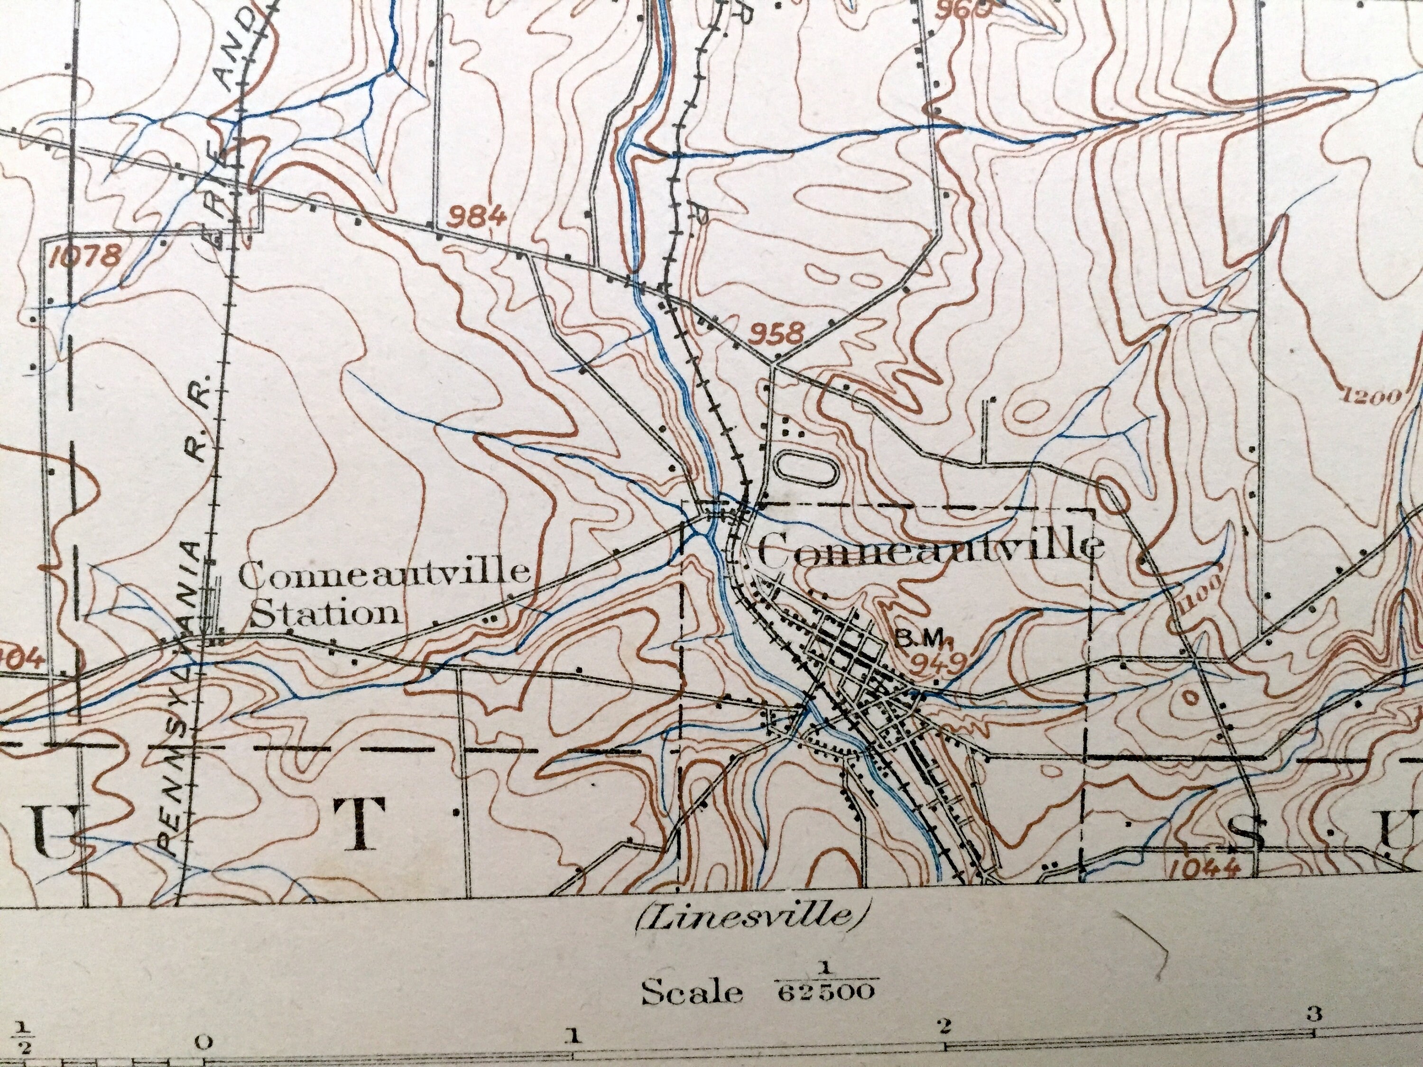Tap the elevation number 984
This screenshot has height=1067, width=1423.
(x=477, y=216)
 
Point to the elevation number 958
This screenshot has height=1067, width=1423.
(x=778, y=333)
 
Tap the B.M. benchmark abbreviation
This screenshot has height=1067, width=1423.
(x=919, y=637)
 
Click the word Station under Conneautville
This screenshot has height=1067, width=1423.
(x=324, y=614)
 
